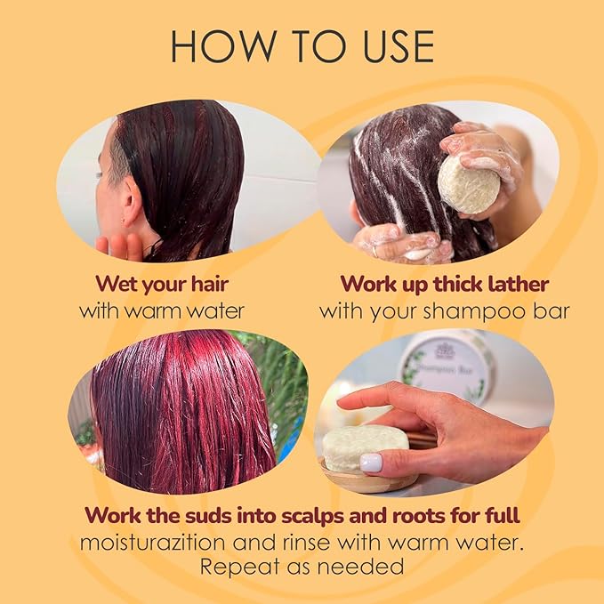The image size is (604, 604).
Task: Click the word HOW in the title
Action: [x=223, y=46]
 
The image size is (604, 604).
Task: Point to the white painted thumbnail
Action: [x=371, y=463]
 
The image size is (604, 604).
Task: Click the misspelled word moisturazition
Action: [x=152, y=543]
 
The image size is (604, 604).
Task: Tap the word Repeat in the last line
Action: [x=239, y=567]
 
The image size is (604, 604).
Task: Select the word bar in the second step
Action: [x=551, y=310]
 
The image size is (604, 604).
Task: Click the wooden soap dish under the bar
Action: [x=369, y=478]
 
